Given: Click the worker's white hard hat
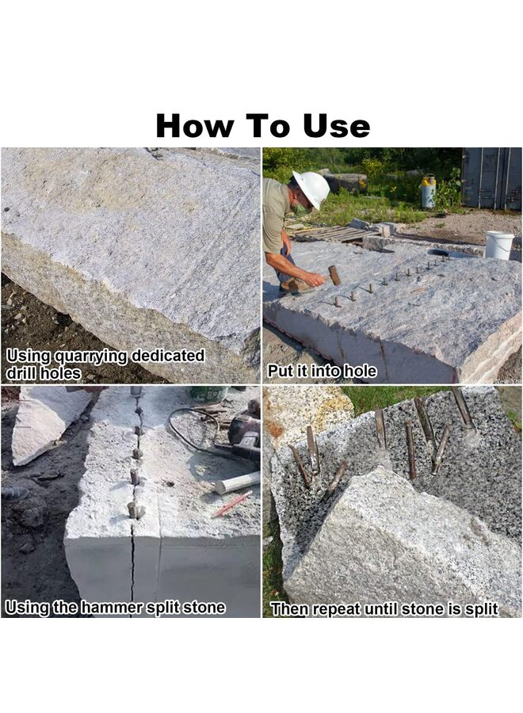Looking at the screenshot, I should point(311,189).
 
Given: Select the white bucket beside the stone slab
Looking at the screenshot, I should point(498,245).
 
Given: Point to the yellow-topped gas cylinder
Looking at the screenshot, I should point(428,192).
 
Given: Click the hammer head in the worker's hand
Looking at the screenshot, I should point(334,275).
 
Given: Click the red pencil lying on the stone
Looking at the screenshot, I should point(232,504).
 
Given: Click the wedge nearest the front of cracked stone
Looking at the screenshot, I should point(133,510).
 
